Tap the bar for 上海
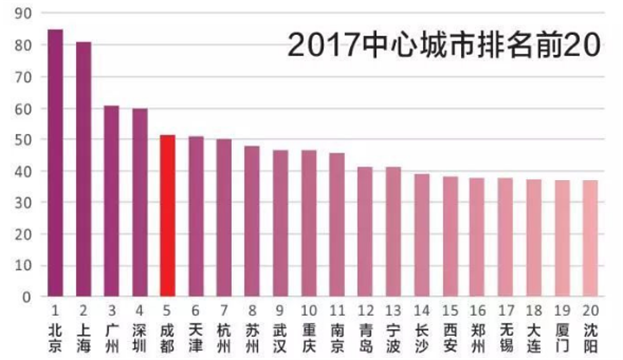(x=84, y=169)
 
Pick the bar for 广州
(x=112, y=200)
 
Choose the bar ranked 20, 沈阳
(x=591, y=238)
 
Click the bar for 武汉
(x=281, y=223)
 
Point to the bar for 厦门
(x=563, y=238)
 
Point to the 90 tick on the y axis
(x=22, y=14)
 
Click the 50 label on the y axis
(x=22, y=140)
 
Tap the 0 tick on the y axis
(x=26, y=297)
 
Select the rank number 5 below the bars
(x=168, y=310)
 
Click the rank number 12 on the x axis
(x=366, y=310)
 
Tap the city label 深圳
(x=141, y=335)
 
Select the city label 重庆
(x=310, y=335)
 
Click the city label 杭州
(x=225, y=335)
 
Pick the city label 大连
(x=535, y=335)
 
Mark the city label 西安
(x=451, y=335)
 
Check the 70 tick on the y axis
(x=22, y=77)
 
